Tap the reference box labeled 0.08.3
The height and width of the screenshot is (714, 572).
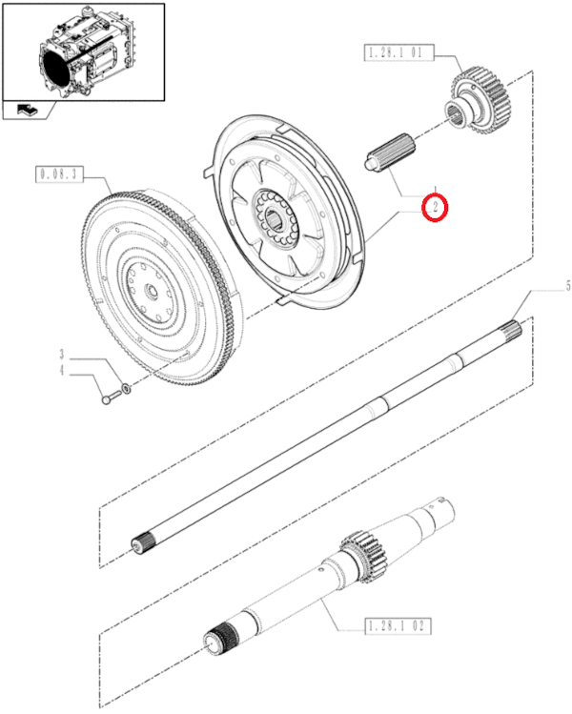click(x=59, y=174)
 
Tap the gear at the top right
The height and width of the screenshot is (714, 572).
click(x=482, y=98)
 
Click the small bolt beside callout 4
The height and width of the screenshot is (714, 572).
click(x=107, y=398)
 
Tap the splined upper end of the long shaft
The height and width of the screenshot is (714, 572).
click(x=513, y=331)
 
